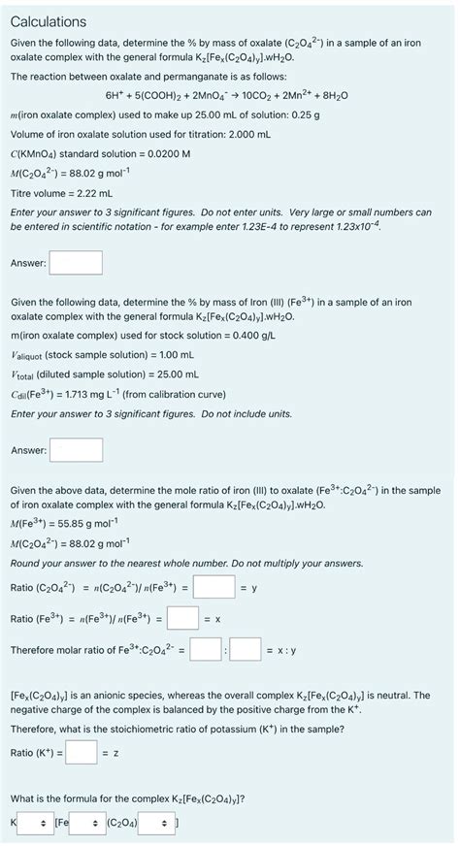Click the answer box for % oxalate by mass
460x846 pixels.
tap(76, 263)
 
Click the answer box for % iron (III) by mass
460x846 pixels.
tap(76, 450)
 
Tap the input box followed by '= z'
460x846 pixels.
tap(81, 752)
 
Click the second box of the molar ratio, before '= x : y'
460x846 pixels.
tap(244, 649)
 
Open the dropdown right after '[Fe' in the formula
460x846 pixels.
tap(86, 823)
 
